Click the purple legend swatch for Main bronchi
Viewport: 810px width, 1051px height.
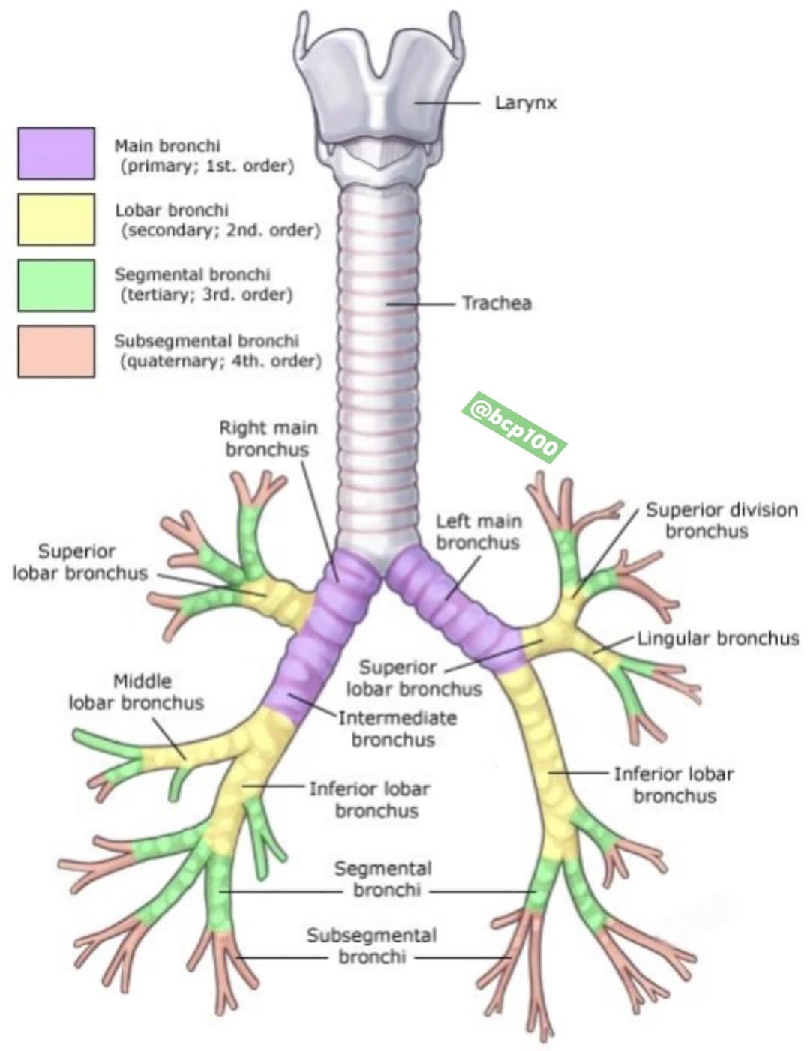[56, 154]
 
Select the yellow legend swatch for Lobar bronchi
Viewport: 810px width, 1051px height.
[56, 219]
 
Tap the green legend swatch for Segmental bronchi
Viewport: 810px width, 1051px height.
[56, 285]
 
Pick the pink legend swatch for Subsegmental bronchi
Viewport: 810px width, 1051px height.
[56, 351]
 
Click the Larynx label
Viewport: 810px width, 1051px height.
[526, 103]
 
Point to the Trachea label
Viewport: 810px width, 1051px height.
[497, 304]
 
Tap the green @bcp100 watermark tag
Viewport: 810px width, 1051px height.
[513, 427]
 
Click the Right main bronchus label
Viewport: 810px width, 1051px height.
[268, 439]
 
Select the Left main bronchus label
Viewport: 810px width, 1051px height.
[478, 532]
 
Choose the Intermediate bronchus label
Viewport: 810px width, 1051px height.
[397, 729]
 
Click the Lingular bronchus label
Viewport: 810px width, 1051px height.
[718, 639]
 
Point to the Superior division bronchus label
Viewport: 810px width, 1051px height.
[721, 520]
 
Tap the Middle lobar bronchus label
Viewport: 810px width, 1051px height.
[136, 692]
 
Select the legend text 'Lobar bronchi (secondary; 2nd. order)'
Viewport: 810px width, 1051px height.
[217, 220]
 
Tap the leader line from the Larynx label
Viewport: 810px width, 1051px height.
[447, 103]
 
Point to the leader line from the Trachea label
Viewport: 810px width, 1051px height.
[421, 304]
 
